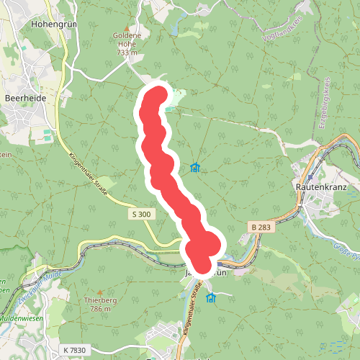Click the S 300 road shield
coord(142,215)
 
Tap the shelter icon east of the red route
coord(194,168)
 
